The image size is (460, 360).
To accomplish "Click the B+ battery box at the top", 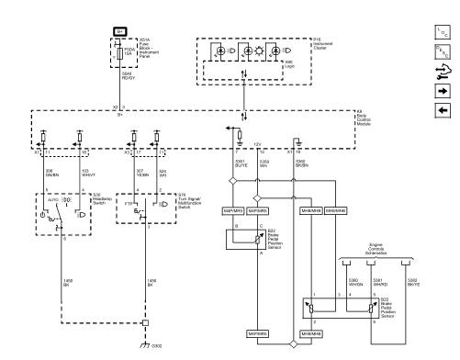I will tap(119, 31).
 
